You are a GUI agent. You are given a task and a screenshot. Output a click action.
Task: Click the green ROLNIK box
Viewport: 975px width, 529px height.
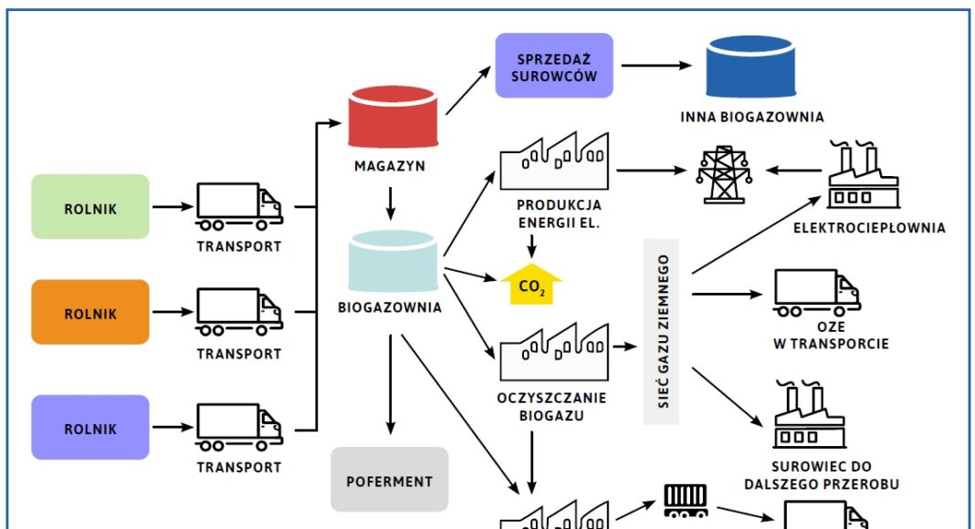click(90, 207)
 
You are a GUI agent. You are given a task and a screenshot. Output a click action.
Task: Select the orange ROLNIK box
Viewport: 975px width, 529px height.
click(90, 312)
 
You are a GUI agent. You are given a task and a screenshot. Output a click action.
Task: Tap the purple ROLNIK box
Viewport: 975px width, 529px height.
click(90, 427)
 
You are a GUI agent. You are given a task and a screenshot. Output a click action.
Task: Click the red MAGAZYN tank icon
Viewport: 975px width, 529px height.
click(393, 119)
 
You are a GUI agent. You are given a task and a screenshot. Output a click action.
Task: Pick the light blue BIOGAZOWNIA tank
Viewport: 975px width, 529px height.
click(393, 261)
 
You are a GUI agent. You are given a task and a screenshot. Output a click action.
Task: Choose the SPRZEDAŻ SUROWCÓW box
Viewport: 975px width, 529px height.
click(554, 66)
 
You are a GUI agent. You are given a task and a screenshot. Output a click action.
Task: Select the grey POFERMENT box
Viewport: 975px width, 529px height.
click(390, 479)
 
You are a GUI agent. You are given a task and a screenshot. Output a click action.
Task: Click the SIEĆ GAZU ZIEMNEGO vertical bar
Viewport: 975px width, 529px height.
click(664, 337)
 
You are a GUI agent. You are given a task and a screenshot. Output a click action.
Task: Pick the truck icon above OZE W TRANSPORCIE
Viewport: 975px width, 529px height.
click(816, 293)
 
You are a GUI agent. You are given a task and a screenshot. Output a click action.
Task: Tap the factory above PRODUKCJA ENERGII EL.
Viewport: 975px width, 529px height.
click(554, 163)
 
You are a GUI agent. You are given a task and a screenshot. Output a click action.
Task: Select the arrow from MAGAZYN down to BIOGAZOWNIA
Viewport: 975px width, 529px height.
click(391, 203)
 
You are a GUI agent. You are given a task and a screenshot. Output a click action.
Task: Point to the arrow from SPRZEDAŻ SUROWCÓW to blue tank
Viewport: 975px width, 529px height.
click(656, 66)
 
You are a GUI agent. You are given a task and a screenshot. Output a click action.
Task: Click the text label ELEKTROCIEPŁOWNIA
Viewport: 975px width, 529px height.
click(868, 228)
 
